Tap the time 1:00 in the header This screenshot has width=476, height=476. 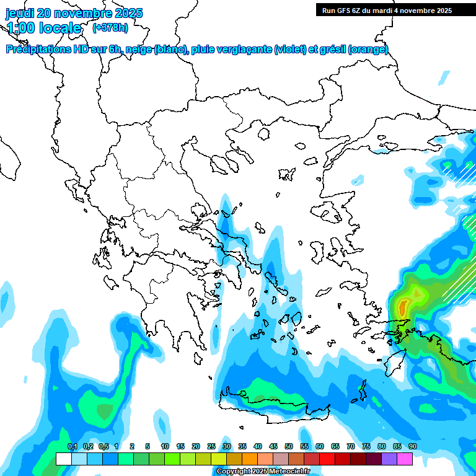pyautogui.click(x=20, y=28)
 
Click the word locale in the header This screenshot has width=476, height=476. pyautogui.click(x=60, y=28)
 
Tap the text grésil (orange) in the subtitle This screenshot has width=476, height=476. pyautogui.click(x=360, y=50)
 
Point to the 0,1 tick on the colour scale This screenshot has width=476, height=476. pyautogui.click(x=72, y=446)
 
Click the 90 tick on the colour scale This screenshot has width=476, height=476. pyautogui.click(x=412, y=446)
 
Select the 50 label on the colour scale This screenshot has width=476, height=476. pyautogui.click(x=289, y=446)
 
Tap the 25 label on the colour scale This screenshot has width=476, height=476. pyautogui.click(x=211, y=446)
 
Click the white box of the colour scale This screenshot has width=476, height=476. pyautogui.click(x=63, y=459)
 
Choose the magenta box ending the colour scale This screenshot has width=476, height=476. pyautogui.click(x=404, y=459)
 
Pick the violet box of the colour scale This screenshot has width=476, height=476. pyautogui.click(x=389, y=459)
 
